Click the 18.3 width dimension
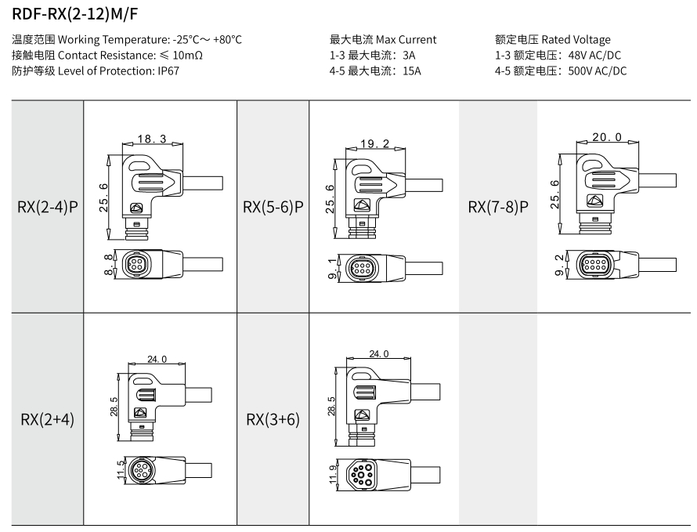click(152, 139)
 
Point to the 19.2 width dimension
click(376, 143)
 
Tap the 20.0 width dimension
click(606, 136)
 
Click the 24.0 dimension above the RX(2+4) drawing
click(157, 359)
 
